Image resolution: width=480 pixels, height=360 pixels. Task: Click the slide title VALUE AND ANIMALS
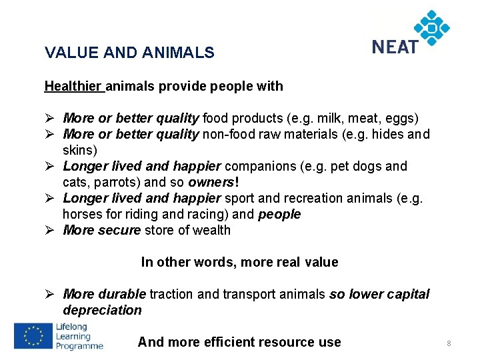tap(129, 53)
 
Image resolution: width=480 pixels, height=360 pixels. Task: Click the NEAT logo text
tap(395, 47)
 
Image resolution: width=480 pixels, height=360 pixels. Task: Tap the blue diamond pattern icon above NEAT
tap(431, 27)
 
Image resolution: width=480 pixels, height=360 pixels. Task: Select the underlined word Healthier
tap(73, 86)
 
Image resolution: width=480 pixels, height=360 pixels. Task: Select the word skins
tap(79, 150)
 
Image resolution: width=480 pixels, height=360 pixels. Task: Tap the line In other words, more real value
tap(239, 262)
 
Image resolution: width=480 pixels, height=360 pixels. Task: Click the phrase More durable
tap(104, 294)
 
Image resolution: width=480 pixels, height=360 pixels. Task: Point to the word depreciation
tap(102, 310)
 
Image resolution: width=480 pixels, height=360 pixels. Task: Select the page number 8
tap(449, 343)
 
